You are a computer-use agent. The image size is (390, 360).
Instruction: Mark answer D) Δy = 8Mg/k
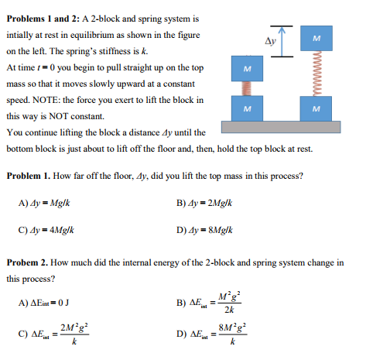point(206,230)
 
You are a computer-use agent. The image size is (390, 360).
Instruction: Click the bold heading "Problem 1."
point(31,175)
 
